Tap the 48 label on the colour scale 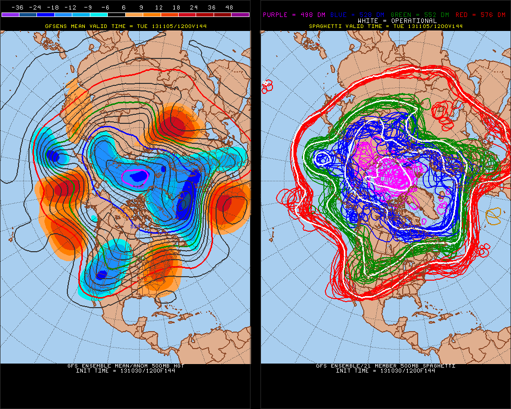[x=229, y=7]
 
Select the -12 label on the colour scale [x=70, y=7]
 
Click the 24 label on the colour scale [x=194, y=7]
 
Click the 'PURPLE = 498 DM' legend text [x=287, y=15]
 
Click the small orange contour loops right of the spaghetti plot [x=494, y=215]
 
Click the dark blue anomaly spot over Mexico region [x=101, y=275]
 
